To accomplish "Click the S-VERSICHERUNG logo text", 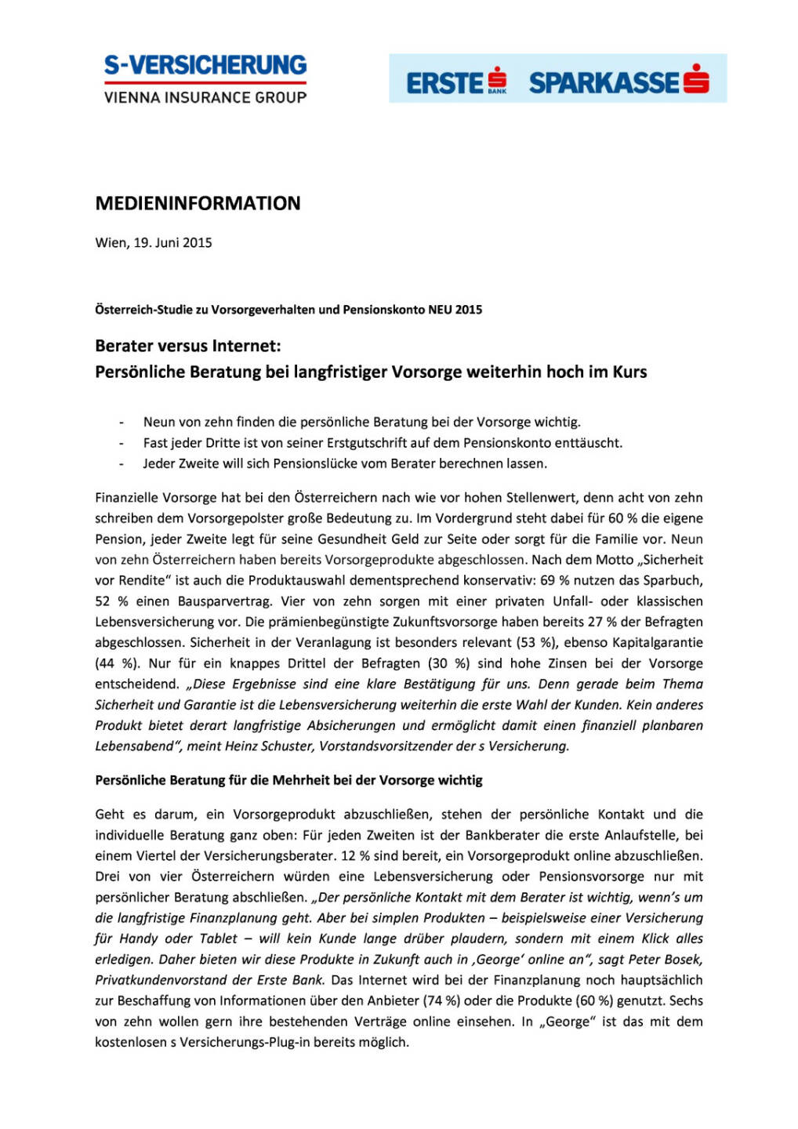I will (x=205, y=64).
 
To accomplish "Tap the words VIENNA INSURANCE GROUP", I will (x=205, y=97).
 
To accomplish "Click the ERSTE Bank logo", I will (x=456, y=82).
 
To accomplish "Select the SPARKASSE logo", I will (x=618, y=82).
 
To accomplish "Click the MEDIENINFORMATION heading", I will (x=198, y=203).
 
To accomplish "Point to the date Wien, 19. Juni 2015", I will (x=154, y=242).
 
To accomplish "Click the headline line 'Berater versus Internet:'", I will (x=187, y=346).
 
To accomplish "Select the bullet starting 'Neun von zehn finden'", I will (x=361, y=422).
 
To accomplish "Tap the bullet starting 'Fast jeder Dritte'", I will (x=382, y=443).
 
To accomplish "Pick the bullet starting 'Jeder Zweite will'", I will (x=345, y=463).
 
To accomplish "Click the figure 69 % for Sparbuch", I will (x=554, y=580).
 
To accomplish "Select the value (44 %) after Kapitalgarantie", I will (x=118, y=663).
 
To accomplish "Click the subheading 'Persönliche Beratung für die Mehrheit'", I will (x=288, y=780).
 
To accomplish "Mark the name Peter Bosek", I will (x=666, y=959).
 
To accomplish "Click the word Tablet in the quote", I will (x=219, y=938).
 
